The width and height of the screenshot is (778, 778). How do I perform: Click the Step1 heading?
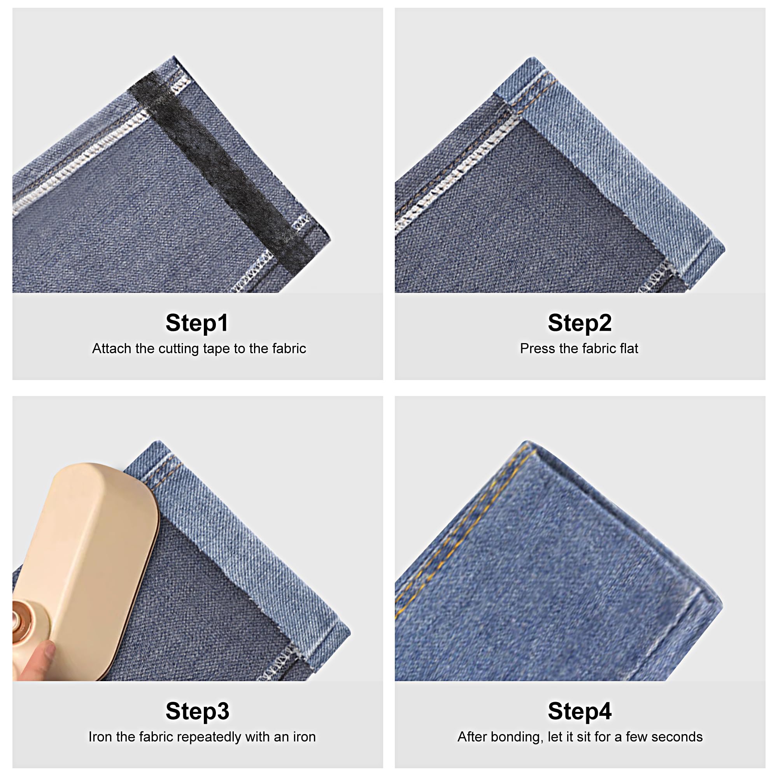[x=197, y=322]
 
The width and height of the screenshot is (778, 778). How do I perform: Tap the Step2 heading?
[x=580, y=322]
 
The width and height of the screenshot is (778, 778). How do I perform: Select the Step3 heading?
[x=197, y=711]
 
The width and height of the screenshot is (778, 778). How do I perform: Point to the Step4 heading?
[x=580, y=711]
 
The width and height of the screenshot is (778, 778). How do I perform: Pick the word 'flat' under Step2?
[x=628, y=348]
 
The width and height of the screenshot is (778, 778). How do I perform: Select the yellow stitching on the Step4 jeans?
[x=463, y=536]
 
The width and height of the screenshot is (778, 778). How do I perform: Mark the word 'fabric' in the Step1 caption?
[x=289, y=348]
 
